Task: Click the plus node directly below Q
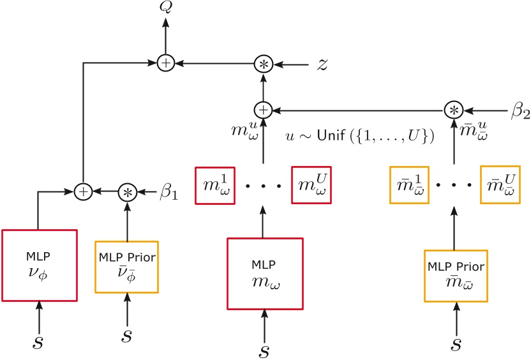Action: point(165,63)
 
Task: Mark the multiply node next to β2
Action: point(454,109)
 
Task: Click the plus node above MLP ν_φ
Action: point(83,191)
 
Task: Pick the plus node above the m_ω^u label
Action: point(263,109)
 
